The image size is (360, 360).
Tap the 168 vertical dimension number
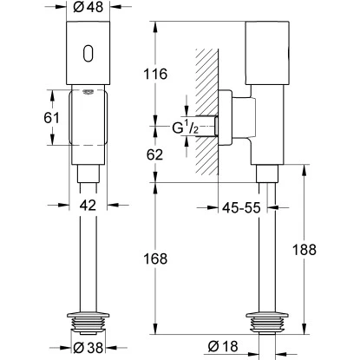point(166,259)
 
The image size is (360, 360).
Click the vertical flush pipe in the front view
point(89,260)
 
